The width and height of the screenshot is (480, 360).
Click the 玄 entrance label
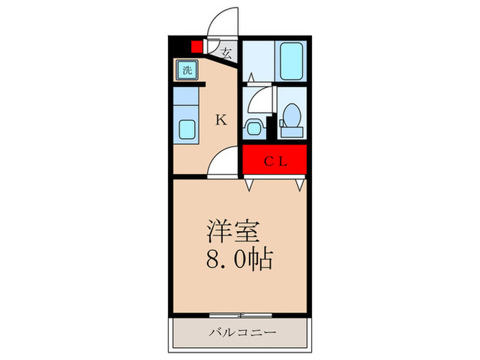(226, 51)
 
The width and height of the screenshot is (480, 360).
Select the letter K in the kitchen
(221, 121)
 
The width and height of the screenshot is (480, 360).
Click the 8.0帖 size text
(240, 260)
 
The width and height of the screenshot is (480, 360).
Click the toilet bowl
(291, 113)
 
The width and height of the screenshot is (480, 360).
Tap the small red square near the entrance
(197, 47)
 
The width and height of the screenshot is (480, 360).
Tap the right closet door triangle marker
(300, 184)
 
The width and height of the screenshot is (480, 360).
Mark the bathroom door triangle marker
(251, 78)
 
